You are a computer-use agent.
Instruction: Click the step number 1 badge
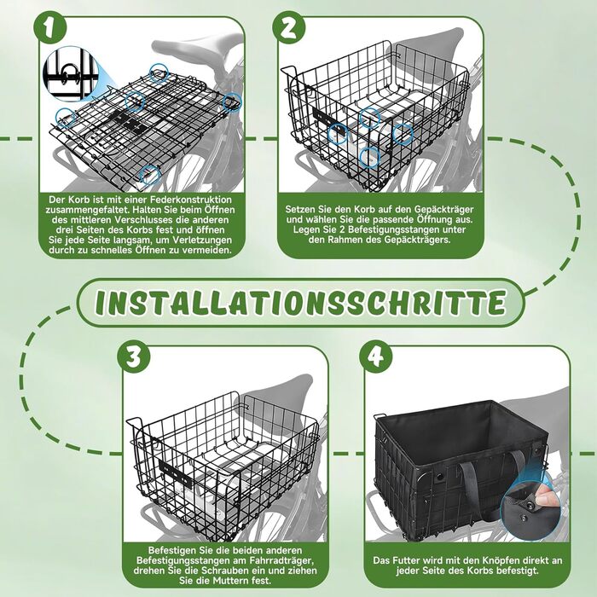[x=49, y=27]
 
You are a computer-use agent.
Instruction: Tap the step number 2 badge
[x=289, y=27]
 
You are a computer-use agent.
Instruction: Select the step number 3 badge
[x=134, y=357]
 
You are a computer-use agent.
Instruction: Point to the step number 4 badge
[x=376, y=357]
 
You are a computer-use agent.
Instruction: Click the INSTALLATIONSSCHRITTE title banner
[x=300, y=303]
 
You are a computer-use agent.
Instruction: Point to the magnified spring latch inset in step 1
[x=69, y=74]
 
